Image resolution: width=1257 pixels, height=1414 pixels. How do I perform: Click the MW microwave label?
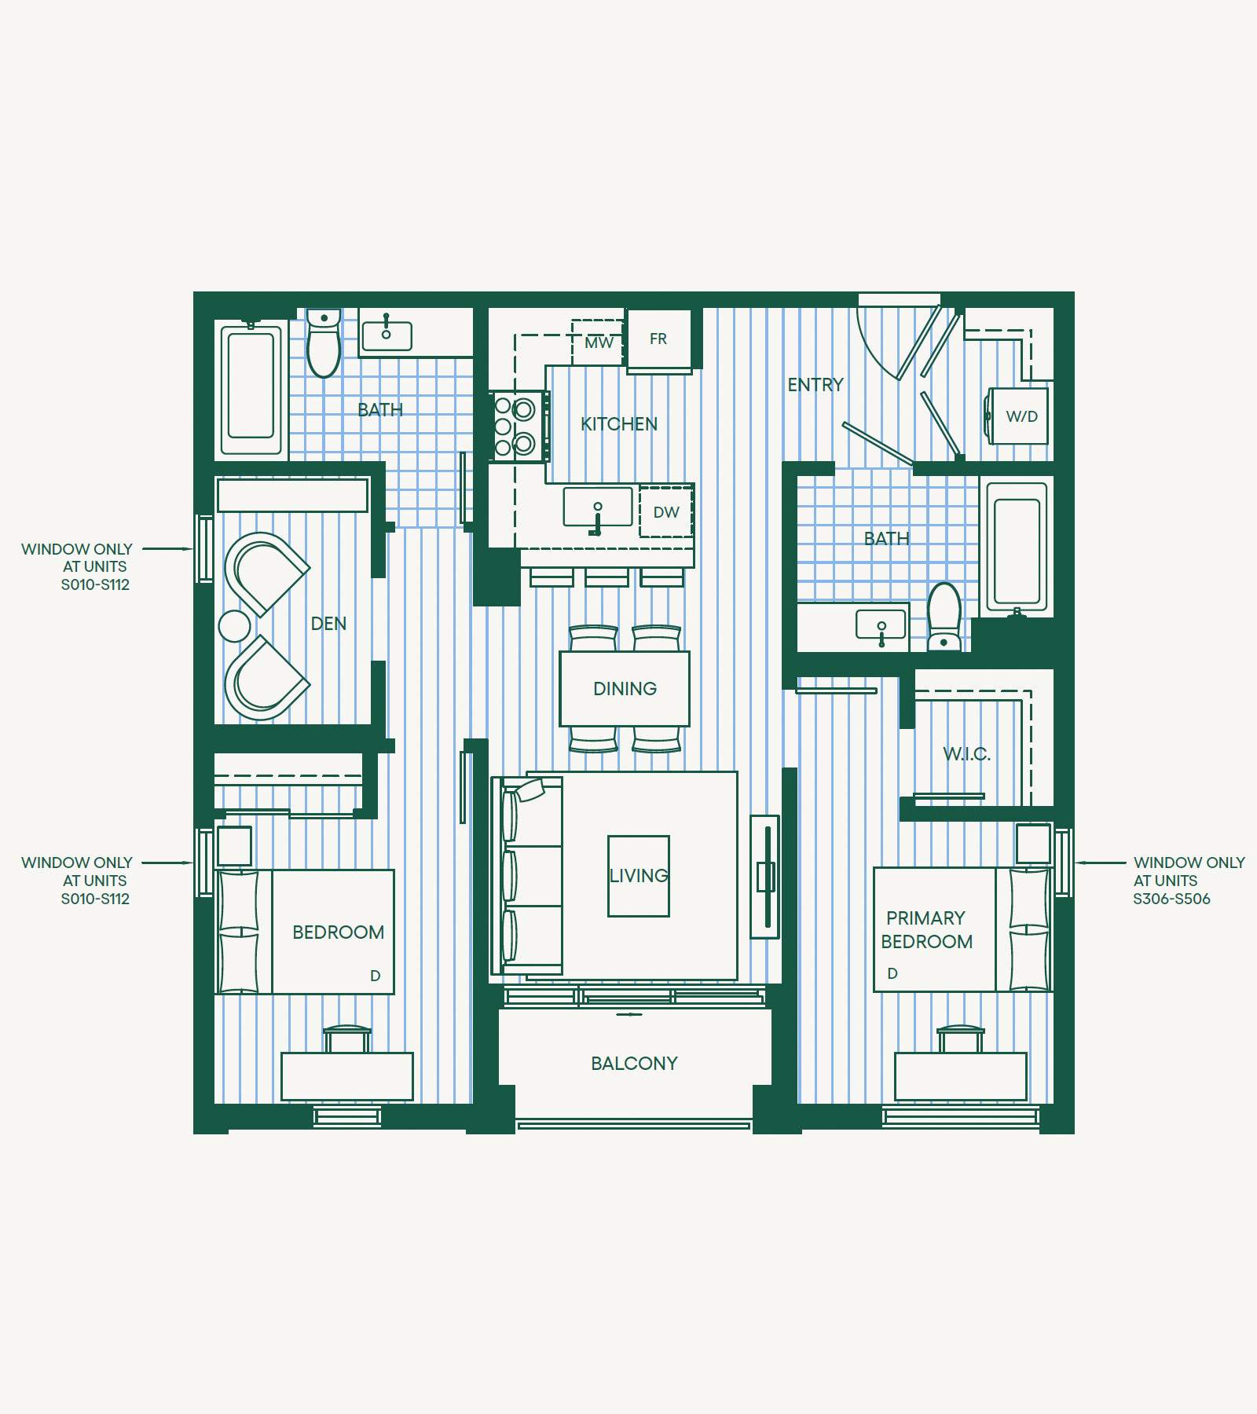click(599, 343)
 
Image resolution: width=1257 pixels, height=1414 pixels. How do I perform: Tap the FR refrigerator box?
click(659, 339)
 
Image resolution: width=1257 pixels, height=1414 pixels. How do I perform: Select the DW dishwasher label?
click(666, 512)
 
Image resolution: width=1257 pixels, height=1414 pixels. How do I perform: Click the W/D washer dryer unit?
click(1018, 416)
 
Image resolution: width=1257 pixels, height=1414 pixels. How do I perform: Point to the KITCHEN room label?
click(619, 424)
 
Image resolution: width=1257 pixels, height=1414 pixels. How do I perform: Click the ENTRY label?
click(815, 385)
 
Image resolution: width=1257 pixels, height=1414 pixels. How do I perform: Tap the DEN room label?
click(328, 624)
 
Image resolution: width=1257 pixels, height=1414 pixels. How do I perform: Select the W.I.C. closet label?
click(966, 754)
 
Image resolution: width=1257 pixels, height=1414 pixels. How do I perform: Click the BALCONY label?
click(634, 1064)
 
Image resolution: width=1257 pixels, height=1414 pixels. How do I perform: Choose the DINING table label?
click(625, 689)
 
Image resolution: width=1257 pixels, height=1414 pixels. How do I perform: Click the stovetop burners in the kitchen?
click(517, 427)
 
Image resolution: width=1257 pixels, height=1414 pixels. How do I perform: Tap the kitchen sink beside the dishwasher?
click(598, 507)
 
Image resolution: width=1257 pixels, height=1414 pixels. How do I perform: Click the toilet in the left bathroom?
click(324, 343)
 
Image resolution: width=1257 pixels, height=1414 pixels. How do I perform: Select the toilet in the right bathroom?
click(944, 617)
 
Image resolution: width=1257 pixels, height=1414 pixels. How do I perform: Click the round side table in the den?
click(234, 626)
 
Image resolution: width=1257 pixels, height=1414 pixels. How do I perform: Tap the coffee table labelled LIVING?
click(639, 876)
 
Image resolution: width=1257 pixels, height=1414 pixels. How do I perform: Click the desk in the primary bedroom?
click(961, 1076)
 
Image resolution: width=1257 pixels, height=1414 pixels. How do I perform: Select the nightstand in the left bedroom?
click(234, 846)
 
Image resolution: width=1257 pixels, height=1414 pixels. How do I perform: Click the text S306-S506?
click(1171, 899)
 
